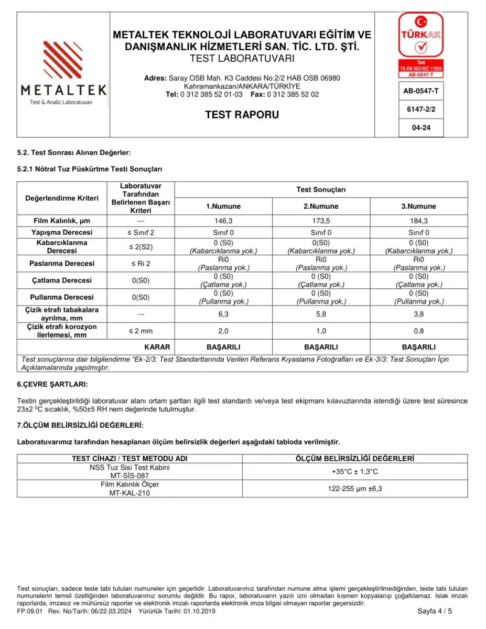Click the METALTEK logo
click(63, 73)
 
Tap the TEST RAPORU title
click(242, 115)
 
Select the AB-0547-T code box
click(420, 91)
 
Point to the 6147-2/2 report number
click(420, 109)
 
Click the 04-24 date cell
click(420, 127)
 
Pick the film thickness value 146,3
click(223, 221)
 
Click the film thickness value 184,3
click(418, 221)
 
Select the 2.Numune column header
click(321, 206)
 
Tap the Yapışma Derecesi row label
click(62, 232)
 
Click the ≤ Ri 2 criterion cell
click(140, 263)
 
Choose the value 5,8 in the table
click(321, 314)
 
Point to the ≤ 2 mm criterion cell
click(140, 331)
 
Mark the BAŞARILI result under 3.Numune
click(418, 347)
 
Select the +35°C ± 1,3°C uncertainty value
click(354, 472)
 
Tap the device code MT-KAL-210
click(129, 493)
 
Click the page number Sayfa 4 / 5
click(435, 611)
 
